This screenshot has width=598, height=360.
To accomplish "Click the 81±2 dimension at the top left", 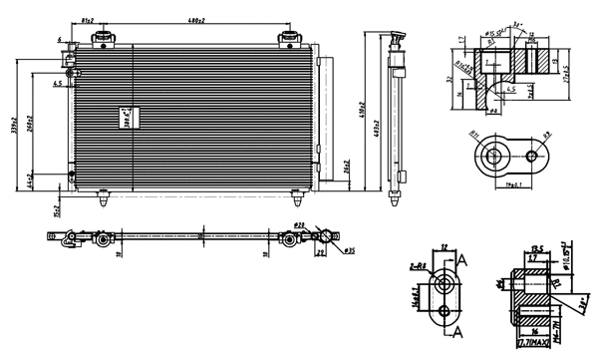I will tap(88, 19).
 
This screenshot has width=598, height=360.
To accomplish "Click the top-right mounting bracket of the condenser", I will tap(290, 39).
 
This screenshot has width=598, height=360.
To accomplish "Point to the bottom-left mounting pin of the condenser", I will tap(104, 198).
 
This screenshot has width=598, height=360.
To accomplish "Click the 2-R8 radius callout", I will tap(419, 266).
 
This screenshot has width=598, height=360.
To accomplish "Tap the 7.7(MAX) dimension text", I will tap(534, 346).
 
